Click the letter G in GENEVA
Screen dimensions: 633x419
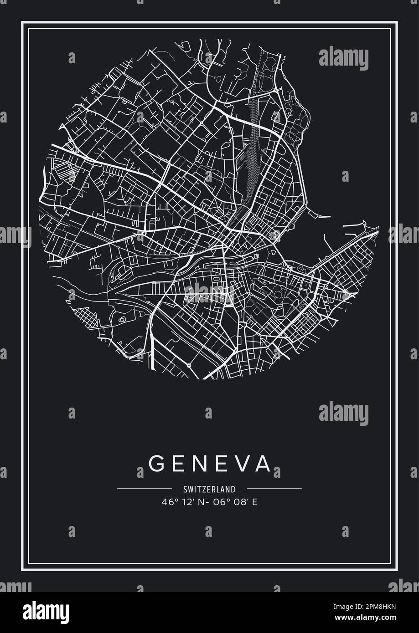click(156, 463)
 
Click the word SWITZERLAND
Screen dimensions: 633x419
click(209, 490)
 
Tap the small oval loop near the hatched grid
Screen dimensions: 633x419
click(122, 320)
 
